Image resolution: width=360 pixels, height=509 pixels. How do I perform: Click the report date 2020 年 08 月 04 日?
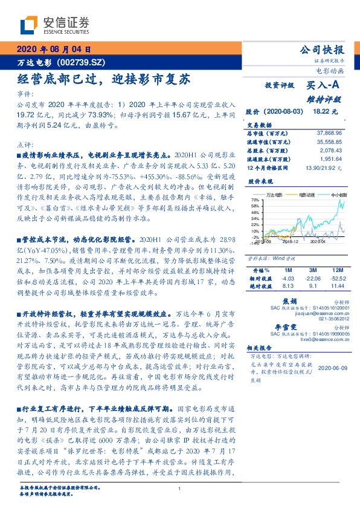coord(54,50)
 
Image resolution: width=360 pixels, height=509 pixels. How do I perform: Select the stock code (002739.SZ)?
coord(82,62)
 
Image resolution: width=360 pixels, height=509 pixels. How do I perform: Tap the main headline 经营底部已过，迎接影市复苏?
coord(103,79)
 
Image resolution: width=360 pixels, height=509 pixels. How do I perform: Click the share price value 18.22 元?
coord(321,112)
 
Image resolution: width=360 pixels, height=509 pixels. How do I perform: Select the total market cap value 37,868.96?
coord(329,132)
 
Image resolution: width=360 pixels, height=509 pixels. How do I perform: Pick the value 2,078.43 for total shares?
coord(332,149)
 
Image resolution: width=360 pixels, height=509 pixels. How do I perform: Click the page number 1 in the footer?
coord(180,488)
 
